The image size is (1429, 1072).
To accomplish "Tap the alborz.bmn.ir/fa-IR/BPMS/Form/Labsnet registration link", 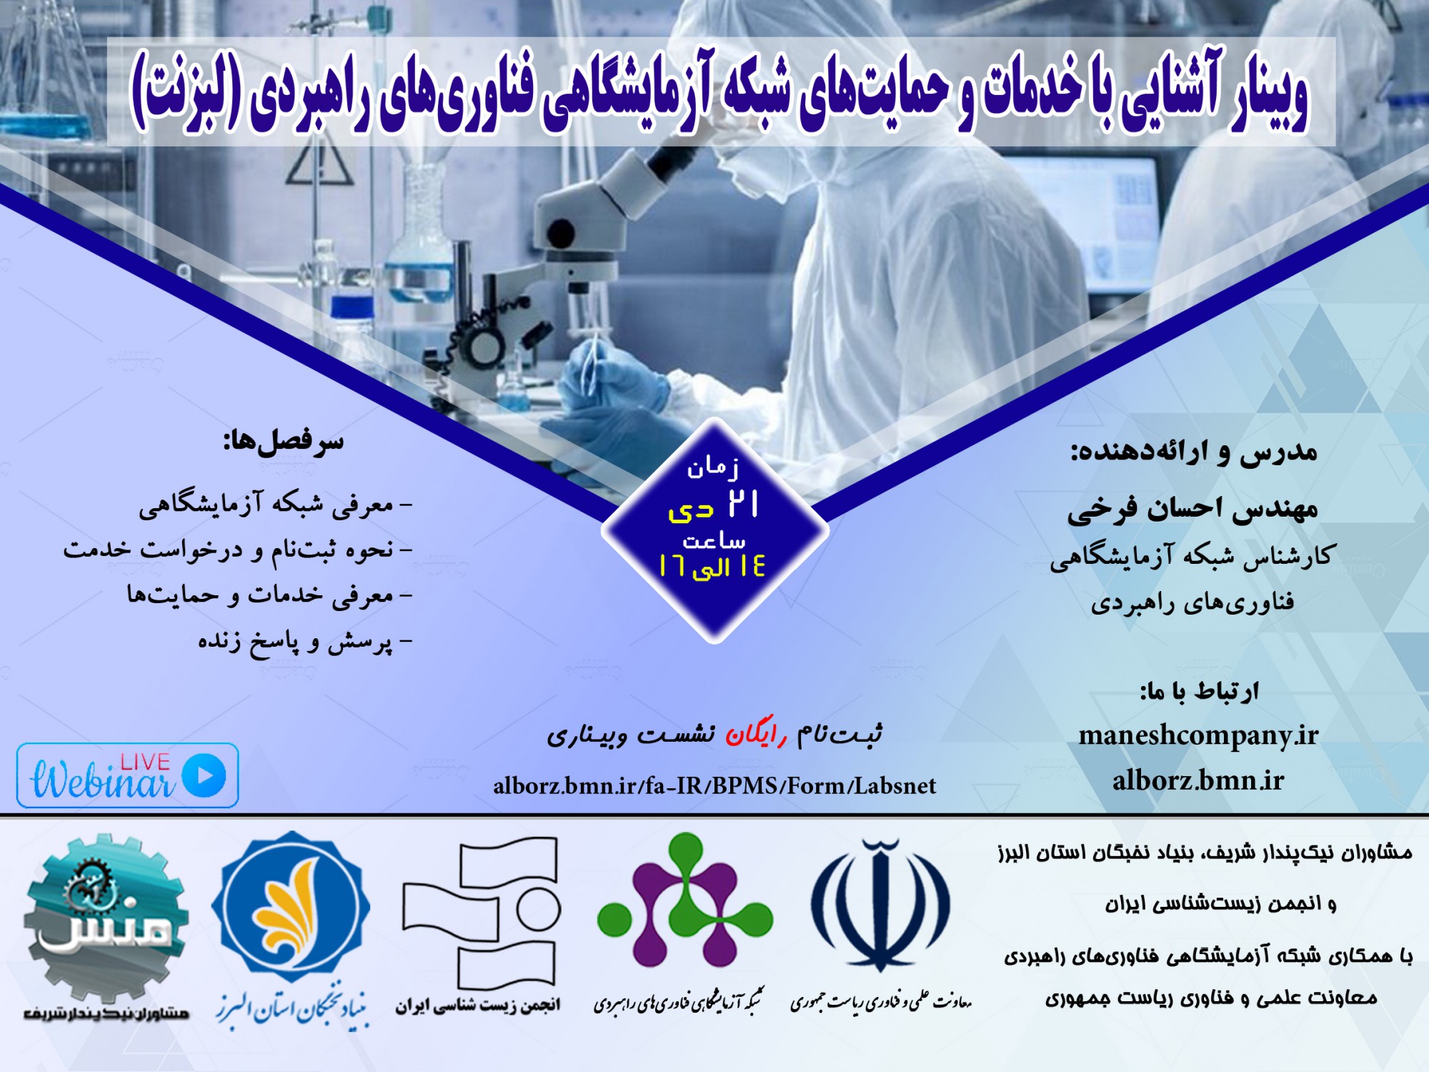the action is [714, 786].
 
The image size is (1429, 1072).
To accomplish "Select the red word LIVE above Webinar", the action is [145, 762].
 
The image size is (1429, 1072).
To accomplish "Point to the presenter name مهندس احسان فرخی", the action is [1193, 509].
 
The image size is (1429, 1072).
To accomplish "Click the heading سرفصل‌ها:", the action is [284, 441].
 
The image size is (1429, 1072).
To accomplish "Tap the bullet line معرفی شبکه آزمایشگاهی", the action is [276, 505].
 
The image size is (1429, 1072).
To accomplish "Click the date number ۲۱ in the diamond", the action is [743, 504].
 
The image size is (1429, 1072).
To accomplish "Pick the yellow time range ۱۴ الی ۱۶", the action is [712, 567].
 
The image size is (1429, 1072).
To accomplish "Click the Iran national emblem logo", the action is [880, 905].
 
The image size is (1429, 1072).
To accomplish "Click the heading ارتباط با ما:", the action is [1200, 691].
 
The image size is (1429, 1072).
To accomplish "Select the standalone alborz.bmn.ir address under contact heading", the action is [1198, 780].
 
